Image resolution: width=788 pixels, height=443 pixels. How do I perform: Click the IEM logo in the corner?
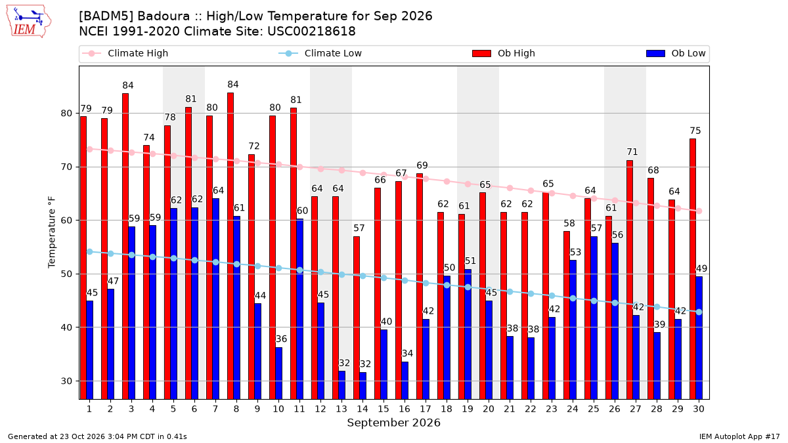point(29,22)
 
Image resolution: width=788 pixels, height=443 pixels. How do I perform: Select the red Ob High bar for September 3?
point(125,246)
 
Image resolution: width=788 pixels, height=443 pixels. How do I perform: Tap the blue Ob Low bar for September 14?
point(362,386)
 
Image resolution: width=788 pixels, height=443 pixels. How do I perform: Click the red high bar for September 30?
point(693,269)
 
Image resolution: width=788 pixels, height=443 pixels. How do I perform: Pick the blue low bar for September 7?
point(215,299)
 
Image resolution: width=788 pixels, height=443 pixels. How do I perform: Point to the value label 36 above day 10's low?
point(281,339)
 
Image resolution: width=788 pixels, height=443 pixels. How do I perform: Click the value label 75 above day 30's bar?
point(695,131)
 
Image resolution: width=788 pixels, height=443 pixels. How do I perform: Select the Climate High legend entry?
point(125,53)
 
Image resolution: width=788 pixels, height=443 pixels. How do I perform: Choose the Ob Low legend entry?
point(676,53)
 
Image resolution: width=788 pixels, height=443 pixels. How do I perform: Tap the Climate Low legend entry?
point(320,53)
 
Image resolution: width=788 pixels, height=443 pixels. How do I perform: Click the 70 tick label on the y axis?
point(66,167)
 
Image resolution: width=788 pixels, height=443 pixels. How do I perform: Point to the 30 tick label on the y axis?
point(66,381)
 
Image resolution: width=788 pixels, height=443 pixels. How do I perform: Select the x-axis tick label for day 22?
point(530,410)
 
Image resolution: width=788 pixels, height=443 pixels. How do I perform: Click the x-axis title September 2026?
point(393,423)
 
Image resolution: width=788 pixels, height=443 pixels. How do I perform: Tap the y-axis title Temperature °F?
point(52,233)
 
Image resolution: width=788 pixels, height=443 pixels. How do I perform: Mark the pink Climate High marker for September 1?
point(90,150)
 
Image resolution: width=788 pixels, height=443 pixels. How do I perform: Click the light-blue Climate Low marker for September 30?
point(699,312)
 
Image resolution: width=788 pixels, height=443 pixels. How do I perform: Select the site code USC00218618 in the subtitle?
point(311,32)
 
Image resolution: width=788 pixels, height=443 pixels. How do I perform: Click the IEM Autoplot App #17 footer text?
point(739,436)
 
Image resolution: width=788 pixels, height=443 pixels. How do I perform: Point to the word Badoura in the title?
point(164,16)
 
